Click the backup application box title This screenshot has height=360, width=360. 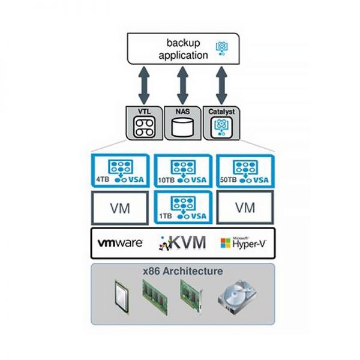pyautogui.click(x=183, y=49)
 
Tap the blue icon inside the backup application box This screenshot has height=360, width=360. pyautogui.click(x=222, y=49)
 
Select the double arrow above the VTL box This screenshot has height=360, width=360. pyautogui.click(x=144, y=85)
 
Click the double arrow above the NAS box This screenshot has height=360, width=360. pyautogui.click(x=183, y=85)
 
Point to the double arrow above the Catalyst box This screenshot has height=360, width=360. pyautogui.click(x=221, y=85)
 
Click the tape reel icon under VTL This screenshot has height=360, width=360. pyautogui.click(x=144, y=127)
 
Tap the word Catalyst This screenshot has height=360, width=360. pyautogui.click(x=221, y=112)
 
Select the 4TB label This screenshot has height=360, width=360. pyautogui.click(x=103, y=179)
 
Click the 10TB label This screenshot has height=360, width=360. pyautogui.click(x=166, y=180)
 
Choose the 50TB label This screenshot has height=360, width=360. pyautogui.click(x=229, y=179)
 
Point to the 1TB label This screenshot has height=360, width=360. pyautogui.click(x=166, y=216)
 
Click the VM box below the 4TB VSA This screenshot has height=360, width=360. pyautogui.click(x=120, y=208)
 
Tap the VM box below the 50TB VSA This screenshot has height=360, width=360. pyautogui.click(x=245, y=208)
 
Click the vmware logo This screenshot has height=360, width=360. pyautogui.click(x=120, y=243)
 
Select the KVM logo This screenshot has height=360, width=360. pyautogui.click(x=182, y=243)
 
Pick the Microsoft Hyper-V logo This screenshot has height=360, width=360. pyautogui.click(x=244, y=242)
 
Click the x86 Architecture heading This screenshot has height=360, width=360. pyautogui.click(x=183, y=271)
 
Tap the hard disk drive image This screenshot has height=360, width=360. pyautogui.click(x=237, y=296)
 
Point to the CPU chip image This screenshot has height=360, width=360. pyautogui.click(x=122, y=297)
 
